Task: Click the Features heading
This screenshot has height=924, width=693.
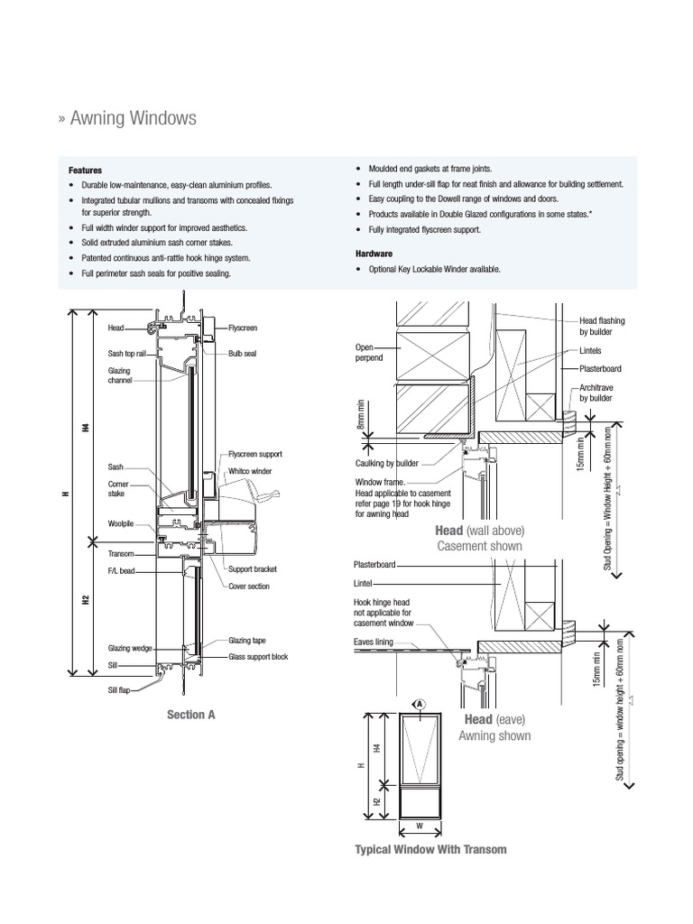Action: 86,170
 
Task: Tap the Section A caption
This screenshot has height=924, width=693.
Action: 190,715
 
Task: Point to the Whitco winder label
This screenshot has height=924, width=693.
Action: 250,471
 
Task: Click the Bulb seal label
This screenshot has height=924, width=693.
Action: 243,354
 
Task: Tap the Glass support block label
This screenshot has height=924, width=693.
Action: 258,657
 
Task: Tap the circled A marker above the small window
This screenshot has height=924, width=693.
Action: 420,703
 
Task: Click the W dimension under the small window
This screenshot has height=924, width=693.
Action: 419,826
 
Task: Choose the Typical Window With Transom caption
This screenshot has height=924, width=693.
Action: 430,849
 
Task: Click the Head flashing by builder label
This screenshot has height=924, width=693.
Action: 601,326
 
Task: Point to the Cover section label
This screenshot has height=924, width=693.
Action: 250,586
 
